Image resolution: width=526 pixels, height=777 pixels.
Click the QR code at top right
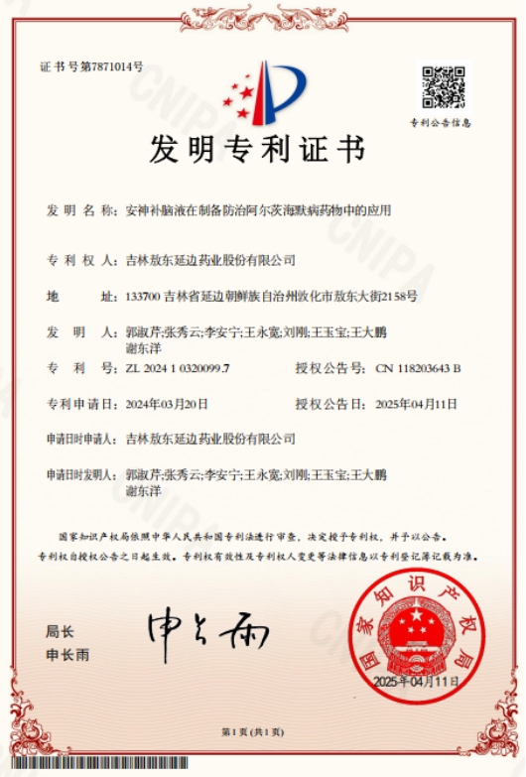click(443, 87)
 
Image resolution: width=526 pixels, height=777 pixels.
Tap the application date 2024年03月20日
click(167, 404)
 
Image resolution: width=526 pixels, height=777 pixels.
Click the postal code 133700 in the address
click(144, 297)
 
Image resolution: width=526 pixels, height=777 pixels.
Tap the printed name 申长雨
click(67, 655)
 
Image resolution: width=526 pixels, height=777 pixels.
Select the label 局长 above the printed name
click(59, 631)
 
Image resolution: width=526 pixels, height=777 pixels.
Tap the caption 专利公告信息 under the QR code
click(441, 123)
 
